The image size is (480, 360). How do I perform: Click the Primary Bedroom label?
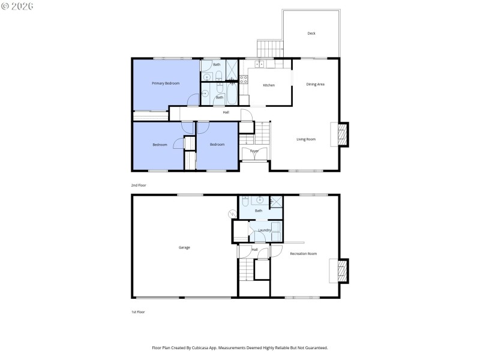166,83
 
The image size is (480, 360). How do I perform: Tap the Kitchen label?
269,85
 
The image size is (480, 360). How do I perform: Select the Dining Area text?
316,84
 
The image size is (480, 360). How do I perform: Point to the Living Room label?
306,139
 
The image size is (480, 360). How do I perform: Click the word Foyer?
254,151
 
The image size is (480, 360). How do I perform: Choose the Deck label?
311,34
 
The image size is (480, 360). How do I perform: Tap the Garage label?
184,247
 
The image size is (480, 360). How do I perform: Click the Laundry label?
265,230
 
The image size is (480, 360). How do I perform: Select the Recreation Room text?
303,254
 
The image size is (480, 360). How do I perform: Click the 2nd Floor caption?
139,185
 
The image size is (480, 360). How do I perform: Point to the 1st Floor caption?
138,312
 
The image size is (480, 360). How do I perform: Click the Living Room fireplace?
343,135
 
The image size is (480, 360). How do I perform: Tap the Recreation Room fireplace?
343,271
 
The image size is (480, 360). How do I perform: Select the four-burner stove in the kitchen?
244,79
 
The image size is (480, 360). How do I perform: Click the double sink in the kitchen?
260,64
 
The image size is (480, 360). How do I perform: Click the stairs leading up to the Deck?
269,47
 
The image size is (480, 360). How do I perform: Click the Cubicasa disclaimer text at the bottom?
240,348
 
